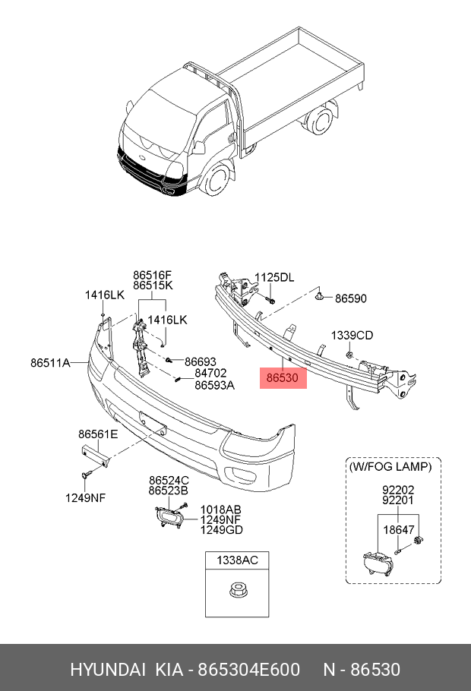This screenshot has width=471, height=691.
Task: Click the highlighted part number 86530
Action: coord(283,377)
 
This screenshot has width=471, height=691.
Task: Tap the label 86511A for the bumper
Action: coord(50,363)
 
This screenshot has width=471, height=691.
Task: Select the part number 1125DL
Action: coord(273,278)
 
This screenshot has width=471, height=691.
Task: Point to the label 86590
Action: coord(351,299)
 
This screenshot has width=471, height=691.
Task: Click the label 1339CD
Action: coord(352,335)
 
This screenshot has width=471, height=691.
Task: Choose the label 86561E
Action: coord(98,434)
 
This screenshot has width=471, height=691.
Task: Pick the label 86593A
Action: coord(214,385)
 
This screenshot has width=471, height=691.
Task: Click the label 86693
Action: coord(201,361)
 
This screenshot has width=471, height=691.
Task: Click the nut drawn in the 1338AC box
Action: coord(233,591)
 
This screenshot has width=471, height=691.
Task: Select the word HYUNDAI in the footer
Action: coord(108,670)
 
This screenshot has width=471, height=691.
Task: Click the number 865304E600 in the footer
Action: coord(250,670)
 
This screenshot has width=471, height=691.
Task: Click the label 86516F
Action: coord(153,276)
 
